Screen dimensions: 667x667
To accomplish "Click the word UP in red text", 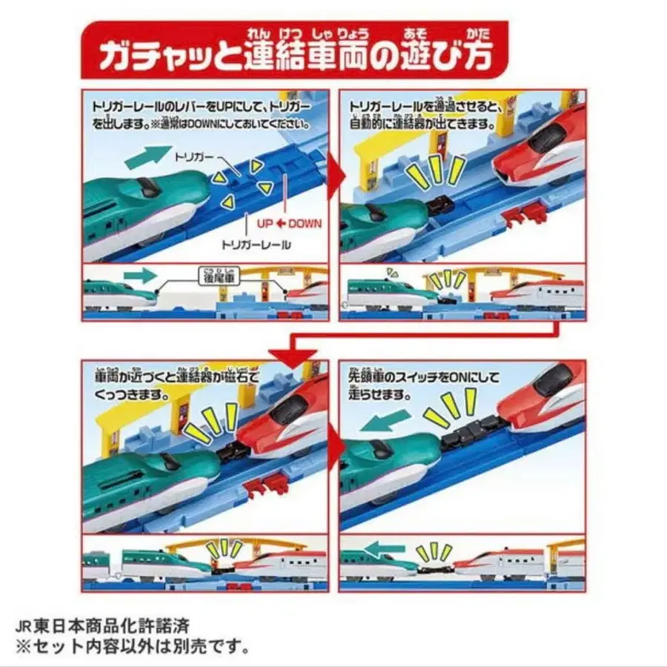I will (264, 222).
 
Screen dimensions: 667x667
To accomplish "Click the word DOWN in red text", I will (305, 222).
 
